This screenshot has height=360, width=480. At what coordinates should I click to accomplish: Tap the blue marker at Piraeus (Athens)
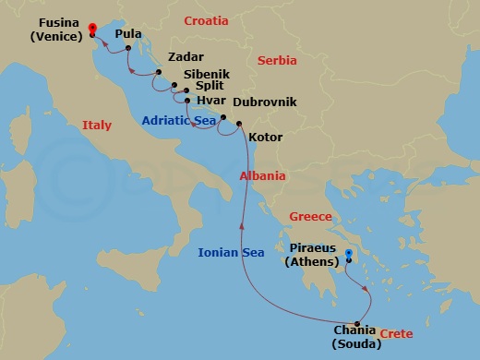coord(348,254)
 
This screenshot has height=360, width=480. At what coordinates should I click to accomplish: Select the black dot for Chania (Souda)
coord(357,323)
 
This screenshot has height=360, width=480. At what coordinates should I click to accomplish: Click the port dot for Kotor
coord(239,125)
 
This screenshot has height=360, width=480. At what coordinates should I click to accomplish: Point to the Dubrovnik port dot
coord(222,117)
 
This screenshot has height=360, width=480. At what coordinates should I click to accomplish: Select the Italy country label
coord(97,125)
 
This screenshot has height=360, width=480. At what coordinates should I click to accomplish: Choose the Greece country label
coord(310,217)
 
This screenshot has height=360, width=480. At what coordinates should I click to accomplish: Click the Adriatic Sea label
coord(179,120)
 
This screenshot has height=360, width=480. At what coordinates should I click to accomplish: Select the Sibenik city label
coord(207,72)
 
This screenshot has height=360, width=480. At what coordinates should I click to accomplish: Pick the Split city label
coord(211,88)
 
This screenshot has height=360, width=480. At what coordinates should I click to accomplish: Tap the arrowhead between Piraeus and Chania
coord(368,289)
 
